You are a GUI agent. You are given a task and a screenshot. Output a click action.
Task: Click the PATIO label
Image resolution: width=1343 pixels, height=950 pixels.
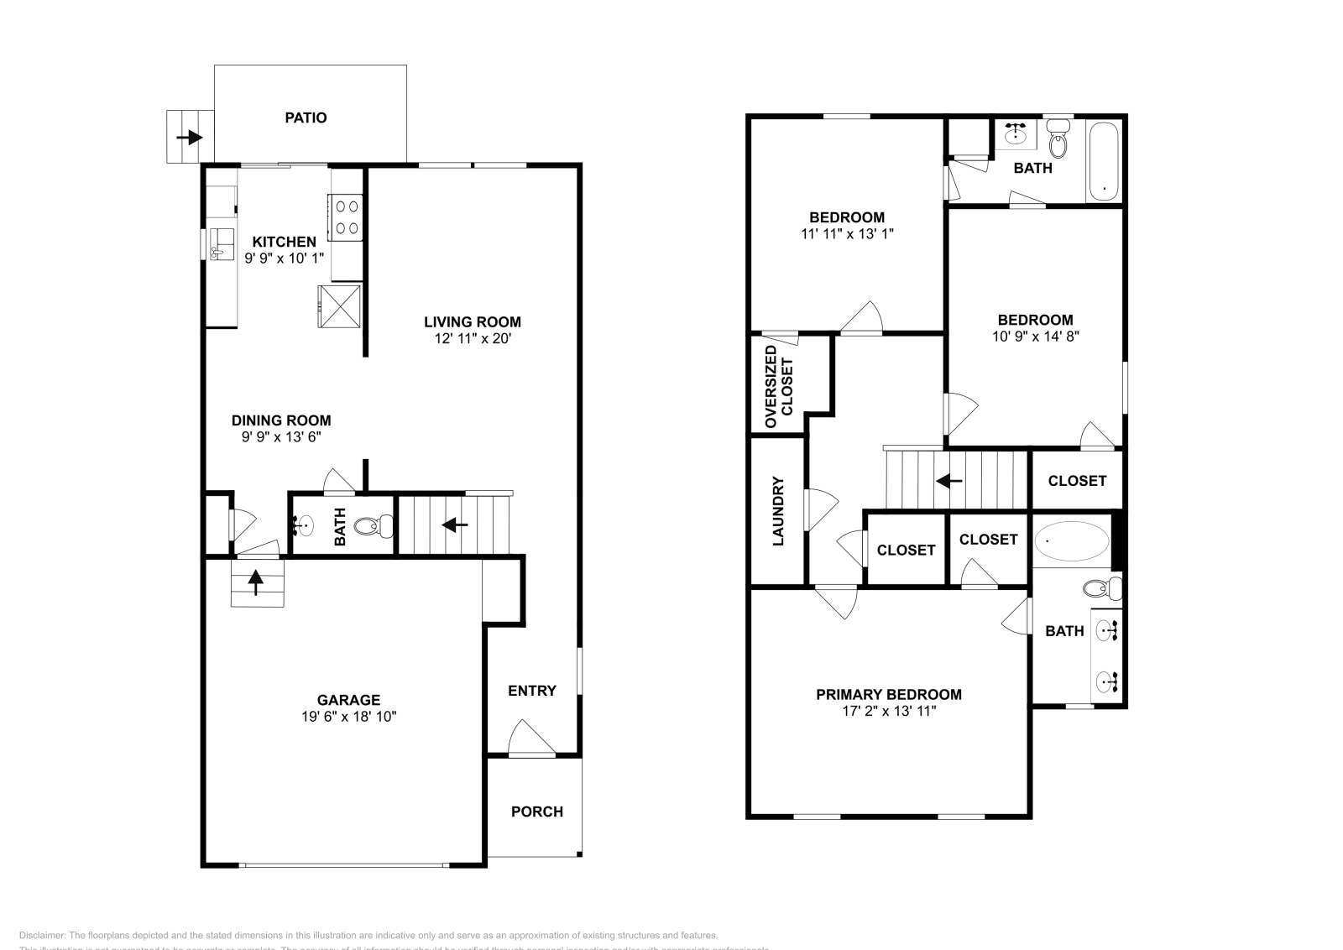(x=306, y=117)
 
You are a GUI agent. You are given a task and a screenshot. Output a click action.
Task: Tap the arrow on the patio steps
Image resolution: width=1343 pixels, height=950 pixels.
(x=190, y=137)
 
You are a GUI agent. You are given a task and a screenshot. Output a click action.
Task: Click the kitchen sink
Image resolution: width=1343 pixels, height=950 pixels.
(x=222, y=244)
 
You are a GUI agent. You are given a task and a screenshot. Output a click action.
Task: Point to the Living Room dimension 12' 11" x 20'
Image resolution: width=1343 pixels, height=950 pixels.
(x=472, y=339)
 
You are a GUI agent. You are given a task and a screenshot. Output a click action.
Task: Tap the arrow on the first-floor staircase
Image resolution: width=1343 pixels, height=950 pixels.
(x=454, y=525)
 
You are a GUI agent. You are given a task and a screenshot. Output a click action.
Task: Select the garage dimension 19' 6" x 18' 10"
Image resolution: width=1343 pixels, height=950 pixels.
(x=348, y=717)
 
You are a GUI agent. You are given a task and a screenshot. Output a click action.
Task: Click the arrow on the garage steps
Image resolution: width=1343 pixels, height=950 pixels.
(x=256, y=581)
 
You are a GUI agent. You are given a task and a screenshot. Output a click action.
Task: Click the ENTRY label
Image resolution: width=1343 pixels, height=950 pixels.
(x=532, y=691)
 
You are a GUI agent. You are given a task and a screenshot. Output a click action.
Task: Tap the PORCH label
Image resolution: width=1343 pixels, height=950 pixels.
(x=537, y=812)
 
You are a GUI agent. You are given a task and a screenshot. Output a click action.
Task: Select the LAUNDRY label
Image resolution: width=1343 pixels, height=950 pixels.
(x=777, y=511)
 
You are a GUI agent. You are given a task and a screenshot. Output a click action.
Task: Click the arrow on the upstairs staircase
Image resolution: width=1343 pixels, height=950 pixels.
(x=949, y=481)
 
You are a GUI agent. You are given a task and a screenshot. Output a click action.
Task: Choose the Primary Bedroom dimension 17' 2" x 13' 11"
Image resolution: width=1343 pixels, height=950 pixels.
(x=889, y=711)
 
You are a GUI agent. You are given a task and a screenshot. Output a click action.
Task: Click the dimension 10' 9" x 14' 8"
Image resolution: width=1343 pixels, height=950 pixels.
(x=1035, y=337)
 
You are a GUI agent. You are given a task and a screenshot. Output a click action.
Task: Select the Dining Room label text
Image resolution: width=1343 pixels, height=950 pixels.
(x=281, y=420)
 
